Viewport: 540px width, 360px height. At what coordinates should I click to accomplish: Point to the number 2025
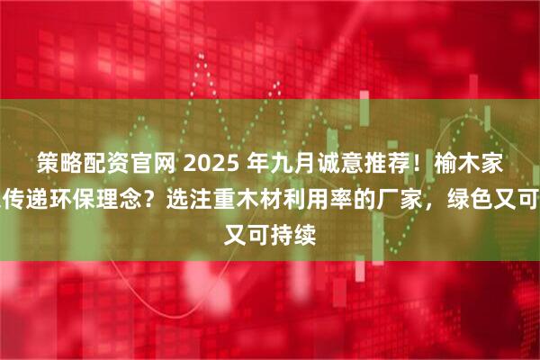[209, 163]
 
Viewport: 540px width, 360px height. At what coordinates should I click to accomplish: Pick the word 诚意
[339, 163]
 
